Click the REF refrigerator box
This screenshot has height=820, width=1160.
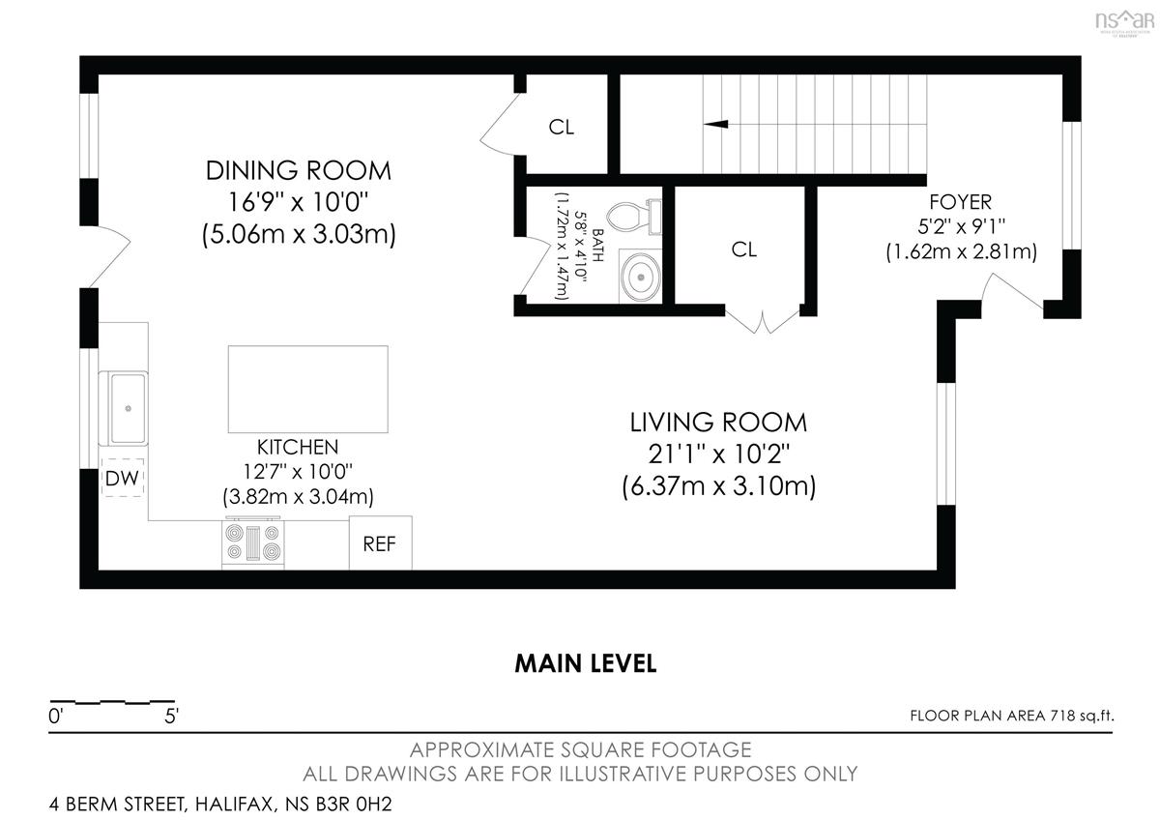coord(380,542)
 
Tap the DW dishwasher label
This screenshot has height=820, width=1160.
coord(122,478)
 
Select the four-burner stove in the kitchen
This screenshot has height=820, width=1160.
coord(253,542)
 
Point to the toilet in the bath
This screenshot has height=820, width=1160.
coord(634,217)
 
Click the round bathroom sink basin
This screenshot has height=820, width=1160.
coord(641,277)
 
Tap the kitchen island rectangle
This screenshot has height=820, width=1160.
coord(308,389)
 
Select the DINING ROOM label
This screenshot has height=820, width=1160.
coord(299,170)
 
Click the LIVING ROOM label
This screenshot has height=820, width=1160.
coord(718,423)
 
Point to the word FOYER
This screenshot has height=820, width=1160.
coord(961,201)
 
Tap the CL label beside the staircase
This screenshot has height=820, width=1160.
coord(562,127)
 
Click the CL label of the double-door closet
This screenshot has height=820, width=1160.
coord(744,249)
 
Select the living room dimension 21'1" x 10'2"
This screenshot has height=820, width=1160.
coord(719,454)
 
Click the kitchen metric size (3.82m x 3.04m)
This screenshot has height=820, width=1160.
coord(299,497)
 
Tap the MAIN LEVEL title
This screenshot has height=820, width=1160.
coord(586,663)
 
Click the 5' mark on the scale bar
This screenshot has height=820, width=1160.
coord(171,717)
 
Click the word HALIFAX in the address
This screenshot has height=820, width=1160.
coord(235,805)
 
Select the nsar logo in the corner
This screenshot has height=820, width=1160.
coord(1125,22)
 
